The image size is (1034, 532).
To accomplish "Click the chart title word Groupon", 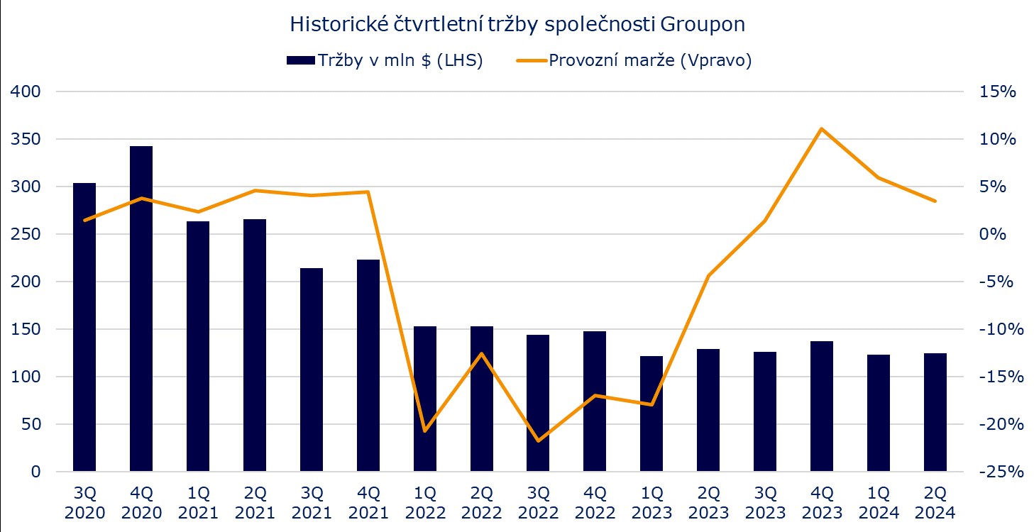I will (703, 24).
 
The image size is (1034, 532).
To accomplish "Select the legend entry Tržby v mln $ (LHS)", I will (384, 61).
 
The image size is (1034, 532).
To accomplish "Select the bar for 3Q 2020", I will (84, 327).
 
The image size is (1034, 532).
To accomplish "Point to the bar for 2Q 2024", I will (935, 412).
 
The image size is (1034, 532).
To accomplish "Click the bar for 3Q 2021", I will (311, 370).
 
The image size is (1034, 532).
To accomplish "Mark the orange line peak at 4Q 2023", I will (822, 129).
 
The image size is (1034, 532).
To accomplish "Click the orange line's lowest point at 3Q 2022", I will (538, 440).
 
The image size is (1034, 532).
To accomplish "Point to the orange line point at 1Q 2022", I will (424, 431).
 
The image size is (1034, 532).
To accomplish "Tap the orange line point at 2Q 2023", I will (708, 275).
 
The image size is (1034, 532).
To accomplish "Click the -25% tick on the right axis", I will (998, 472).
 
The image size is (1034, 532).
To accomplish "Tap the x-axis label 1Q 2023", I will (651, 502).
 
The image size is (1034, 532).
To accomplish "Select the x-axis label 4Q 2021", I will (368, 502).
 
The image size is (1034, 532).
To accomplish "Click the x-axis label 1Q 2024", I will (879, 502).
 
